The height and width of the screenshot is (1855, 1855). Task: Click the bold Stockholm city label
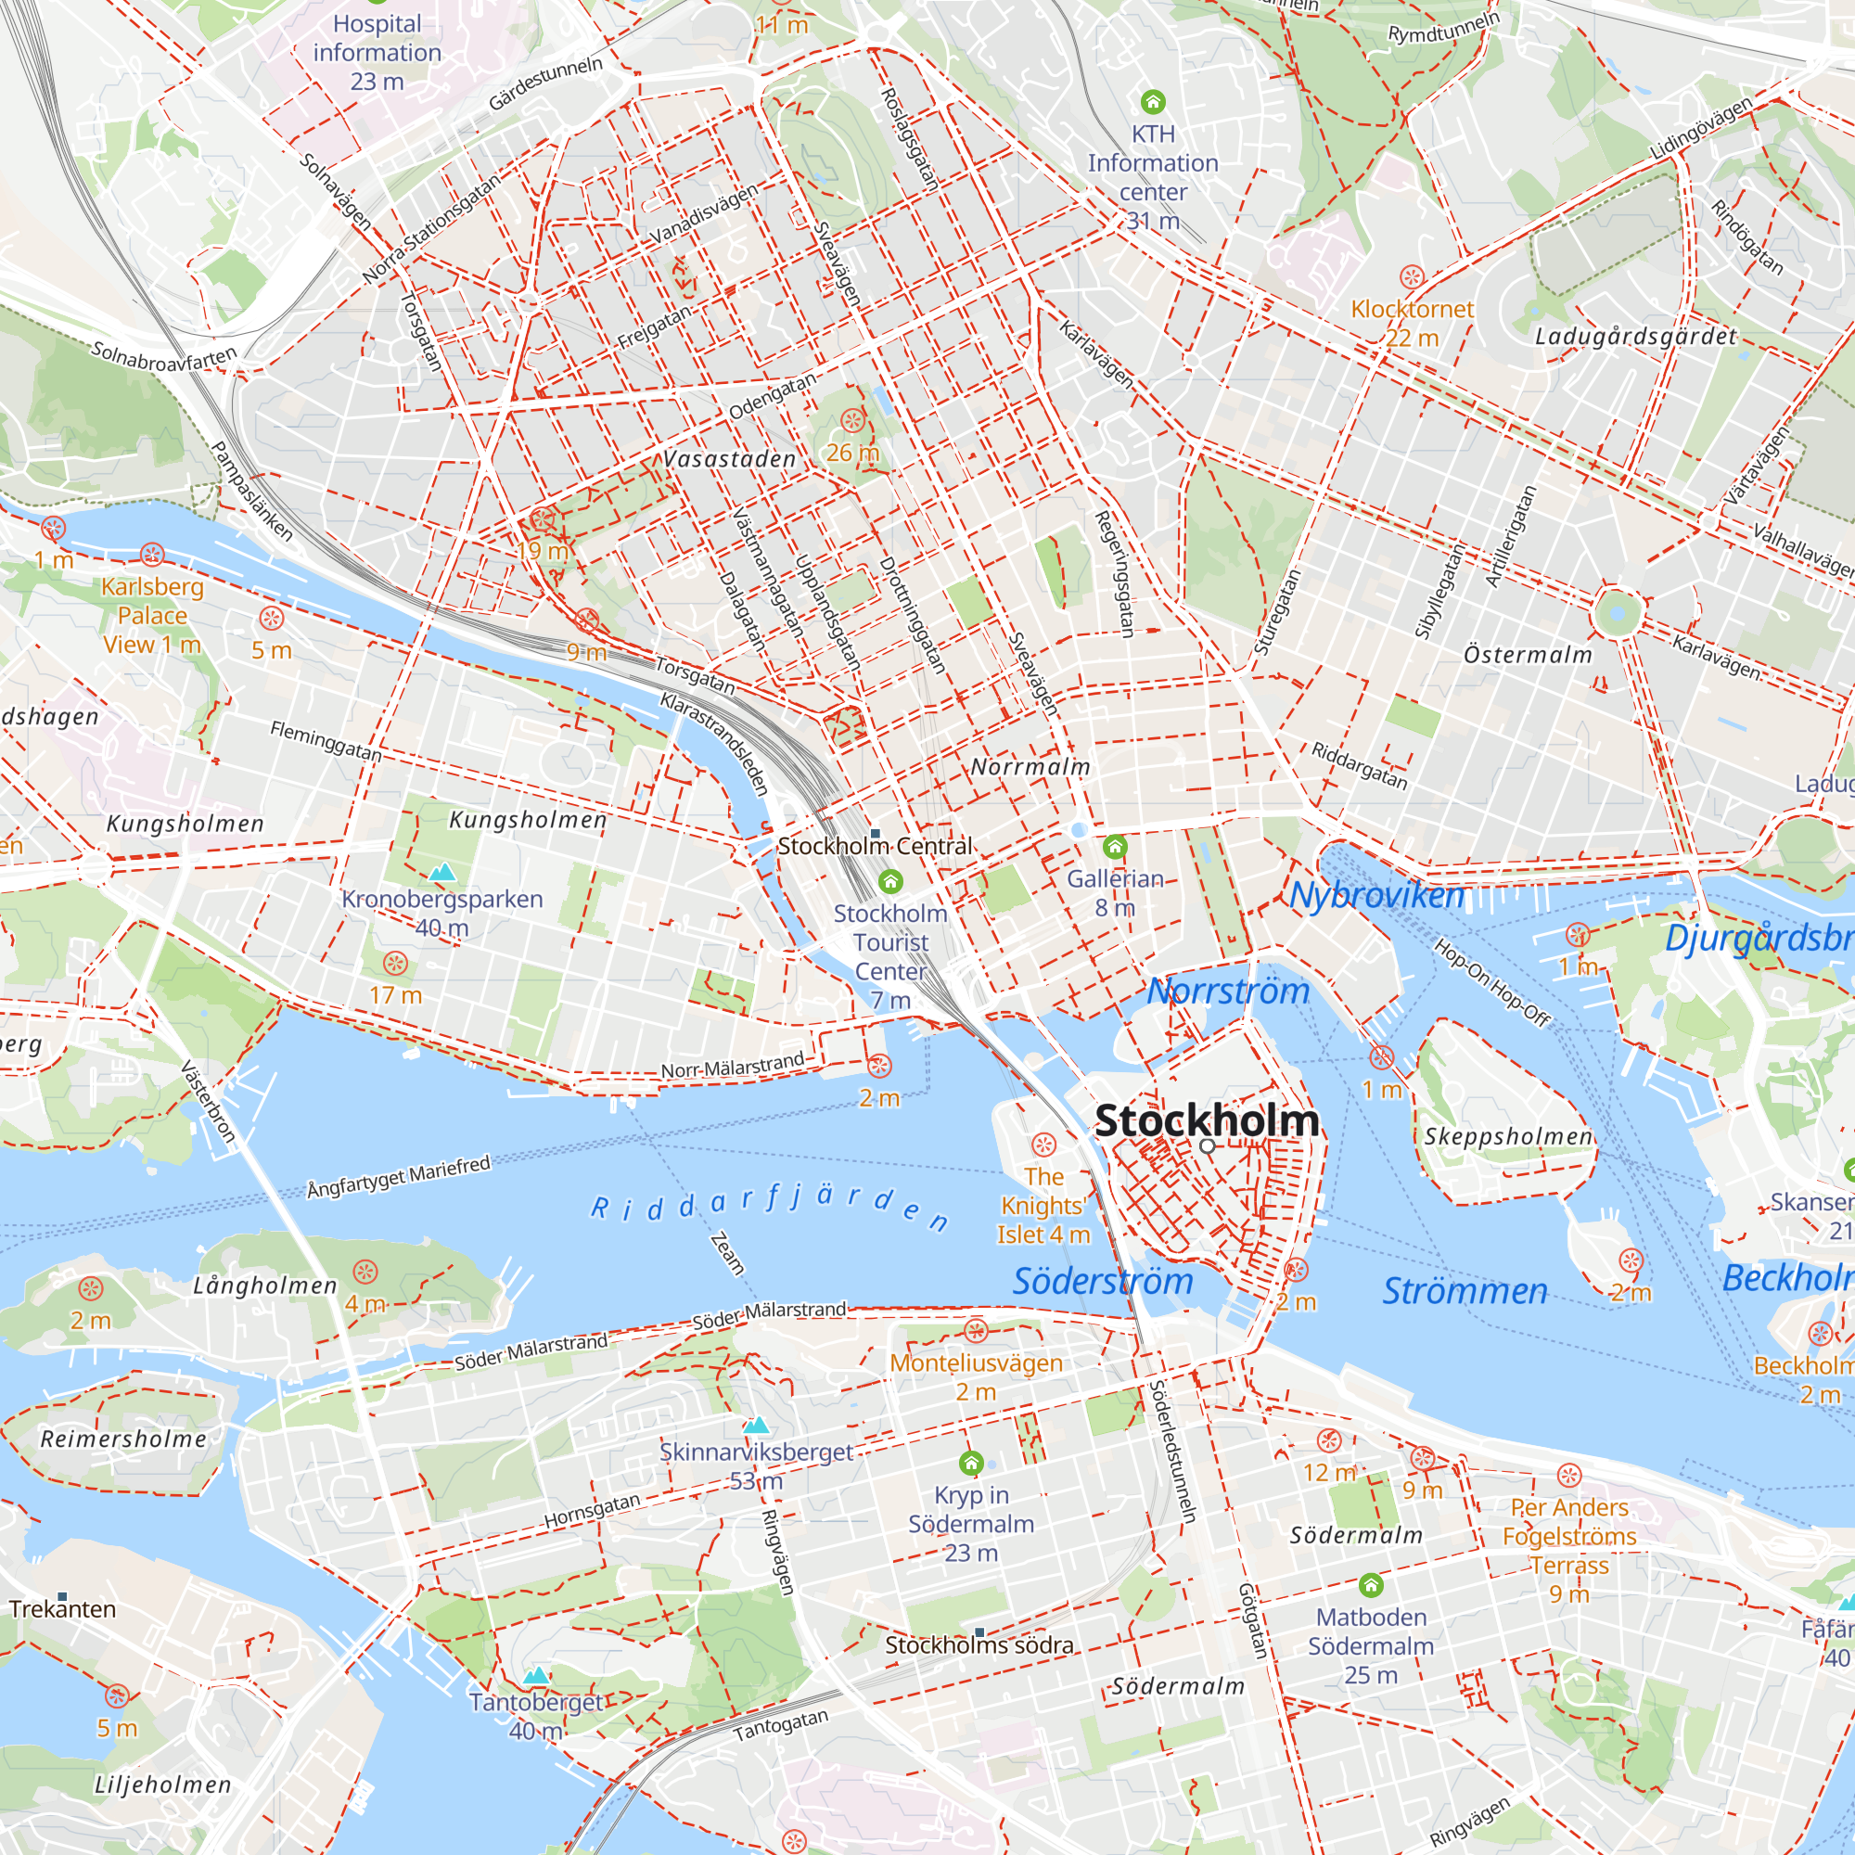(x=1207, y=1120)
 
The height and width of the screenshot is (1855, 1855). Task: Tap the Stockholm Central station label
(x=875, y=847)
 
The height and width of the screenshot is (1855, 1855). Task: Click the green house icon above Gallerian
(x=1115, y=847)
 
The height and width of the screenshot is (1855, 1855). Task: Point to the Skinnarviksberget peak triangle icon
(x=757, y=1425)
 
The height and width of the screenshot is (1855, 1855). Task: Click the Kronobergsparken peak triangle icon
(x=441, y=872)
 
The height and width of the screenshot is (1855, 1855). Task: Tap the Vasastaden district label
(x=730, y=460)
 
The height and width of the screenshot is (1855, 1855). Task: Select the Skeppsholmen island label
(x=1507, y=1137)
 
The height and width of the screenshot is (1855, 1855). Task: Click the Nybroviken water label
(x=1376, y=895)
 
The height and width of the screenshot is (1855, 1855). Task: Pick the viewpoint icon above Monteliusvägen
(x=977, y=1331)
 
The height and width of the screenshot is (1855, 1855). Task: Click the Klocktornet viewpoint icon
(x=1412, y=277)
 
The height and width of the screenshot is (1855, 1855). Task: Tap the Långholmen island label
(x=265, y=1286)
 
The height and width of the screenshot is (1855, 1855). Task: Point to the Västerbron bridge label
(x=208, y=1101)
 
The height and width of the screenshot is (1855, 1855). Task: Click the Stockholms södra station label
(x=979, y=1645)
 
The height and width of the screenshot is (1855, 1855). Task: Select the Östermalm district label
(x=1528, y=655)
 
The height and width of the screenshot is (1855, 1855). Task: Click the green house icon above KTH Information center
(x=1153, y=102)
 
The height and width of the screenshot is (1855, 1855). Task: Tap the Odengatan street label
(x=772, y=396)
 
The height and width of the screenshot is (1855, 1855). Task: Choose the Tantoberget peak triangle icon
(x=537, y=1675)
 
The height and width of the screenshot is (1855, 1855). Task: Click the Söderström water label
(x=1103, y=1281)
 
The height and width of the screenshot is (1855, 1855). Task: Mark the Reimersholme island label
(x=123, y=1439)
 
